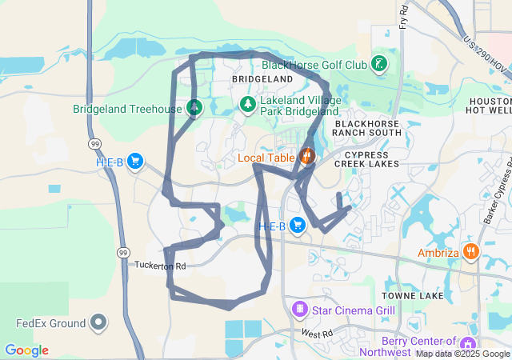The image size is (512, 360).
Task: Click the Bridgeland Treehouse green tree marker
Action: point(194,108)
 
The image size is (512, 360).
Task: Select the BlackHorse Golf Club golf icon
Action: point(379,64)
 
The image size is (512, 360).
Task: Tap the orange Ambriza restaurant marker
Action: point(471,253)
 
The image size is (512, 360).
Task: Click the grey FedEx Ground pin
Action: point(98,323)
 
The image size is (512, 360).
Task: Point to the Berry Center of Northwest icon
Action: point(478,344)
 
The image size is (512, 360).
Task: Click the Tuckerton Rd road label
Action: point(160,266)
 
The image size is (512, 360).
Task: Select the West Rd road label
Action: point(317,332)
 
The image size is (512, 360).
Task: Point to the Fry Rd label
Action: point(404,16)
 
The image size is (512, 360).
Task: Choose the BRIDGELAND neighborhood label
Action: point(262,81)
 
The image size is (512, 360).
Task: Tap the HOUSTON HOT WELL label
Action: point(490,106)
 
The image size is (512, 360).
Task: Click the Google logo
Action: point(26,350)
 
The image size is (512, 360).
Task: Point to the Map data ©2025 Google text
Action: point(462,354)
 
